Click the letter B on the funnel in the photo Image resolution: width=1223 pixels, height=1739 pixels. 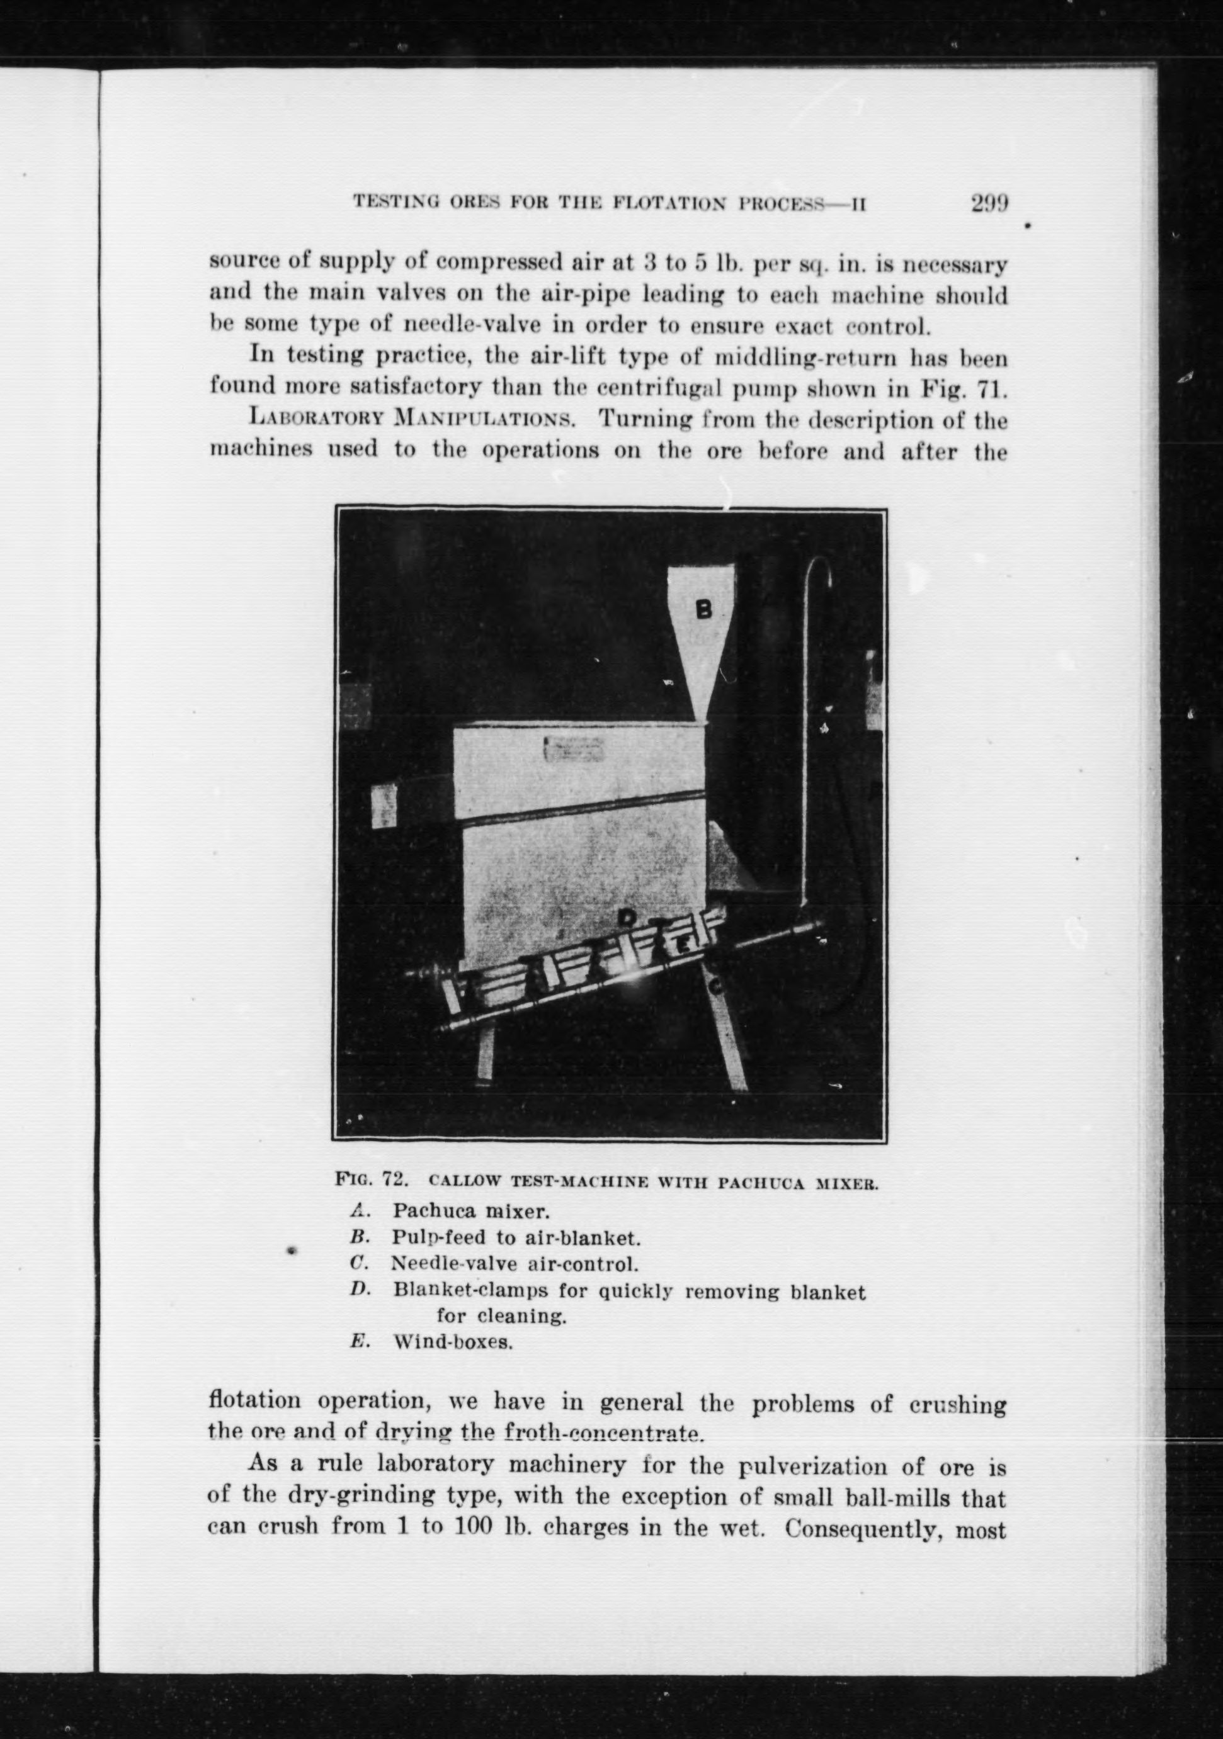[704, 610]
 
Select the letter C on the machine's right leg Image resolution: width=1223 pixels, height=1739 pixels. [716, 986]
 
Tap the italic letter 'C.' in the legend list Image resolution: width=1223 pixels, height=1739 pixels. [358, 1263]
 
